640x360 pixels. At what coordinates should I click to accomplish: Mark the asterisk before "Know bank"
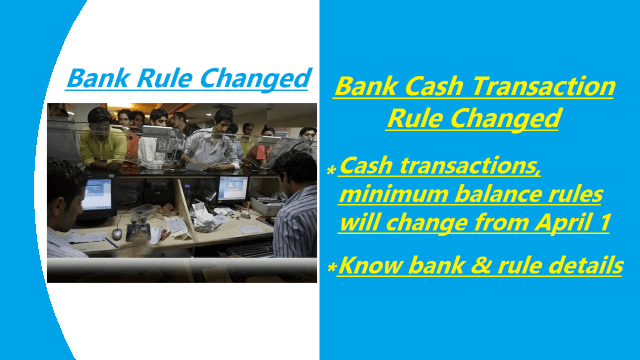tap(332, 267)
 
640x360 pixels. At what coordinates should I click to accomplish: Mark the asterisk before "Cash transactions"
tap(332, 171)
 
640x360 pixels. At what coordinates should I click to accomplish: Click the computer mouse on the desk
tap(117, 234)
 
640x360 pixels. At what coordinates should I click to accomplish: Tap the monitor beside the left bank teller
tap(96, 196)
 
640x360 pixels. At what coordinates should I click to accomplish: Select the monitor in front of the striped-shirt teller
tap(233, 188)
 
